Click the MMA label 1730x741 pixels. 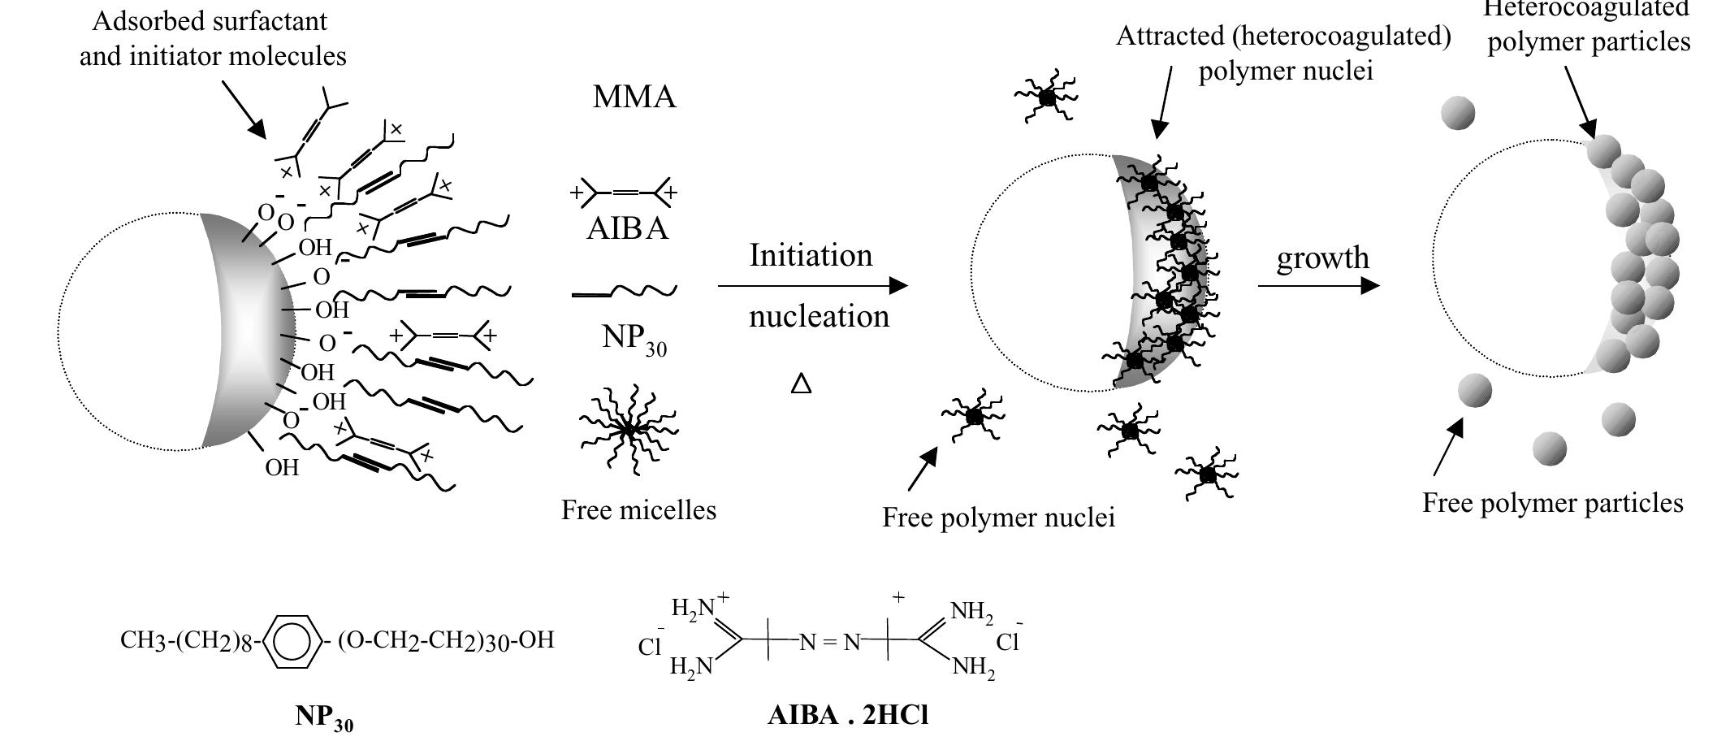634,97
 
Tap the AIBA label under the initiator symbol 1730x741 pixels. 627,228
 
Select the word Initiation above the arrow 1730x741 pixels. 811,255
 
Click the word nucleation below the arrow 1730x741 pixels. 819,316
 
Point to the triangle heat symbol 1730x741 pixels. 801,383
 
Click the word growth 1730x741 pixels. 1322,258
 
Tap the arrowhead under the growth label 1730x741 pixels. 1370,286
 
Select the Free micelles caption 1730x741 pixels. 638,510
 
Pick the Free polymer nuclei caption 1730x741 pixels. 998,518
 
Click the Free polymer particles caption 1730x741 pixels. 1552,503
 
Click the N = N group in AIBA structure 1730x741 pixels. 829,643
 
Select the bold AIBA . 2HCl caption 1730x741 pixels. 848,715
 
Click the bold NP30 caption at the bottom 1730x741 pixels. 324,717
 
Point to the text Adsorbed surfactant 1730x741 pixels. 210,21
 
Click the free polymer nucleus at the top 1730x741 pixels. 1047,97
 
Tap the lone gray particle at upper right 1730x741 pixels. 1458,113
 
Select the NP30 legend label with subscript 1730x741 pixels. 634,339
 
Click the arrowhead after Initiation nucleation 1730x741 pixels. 898,286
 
